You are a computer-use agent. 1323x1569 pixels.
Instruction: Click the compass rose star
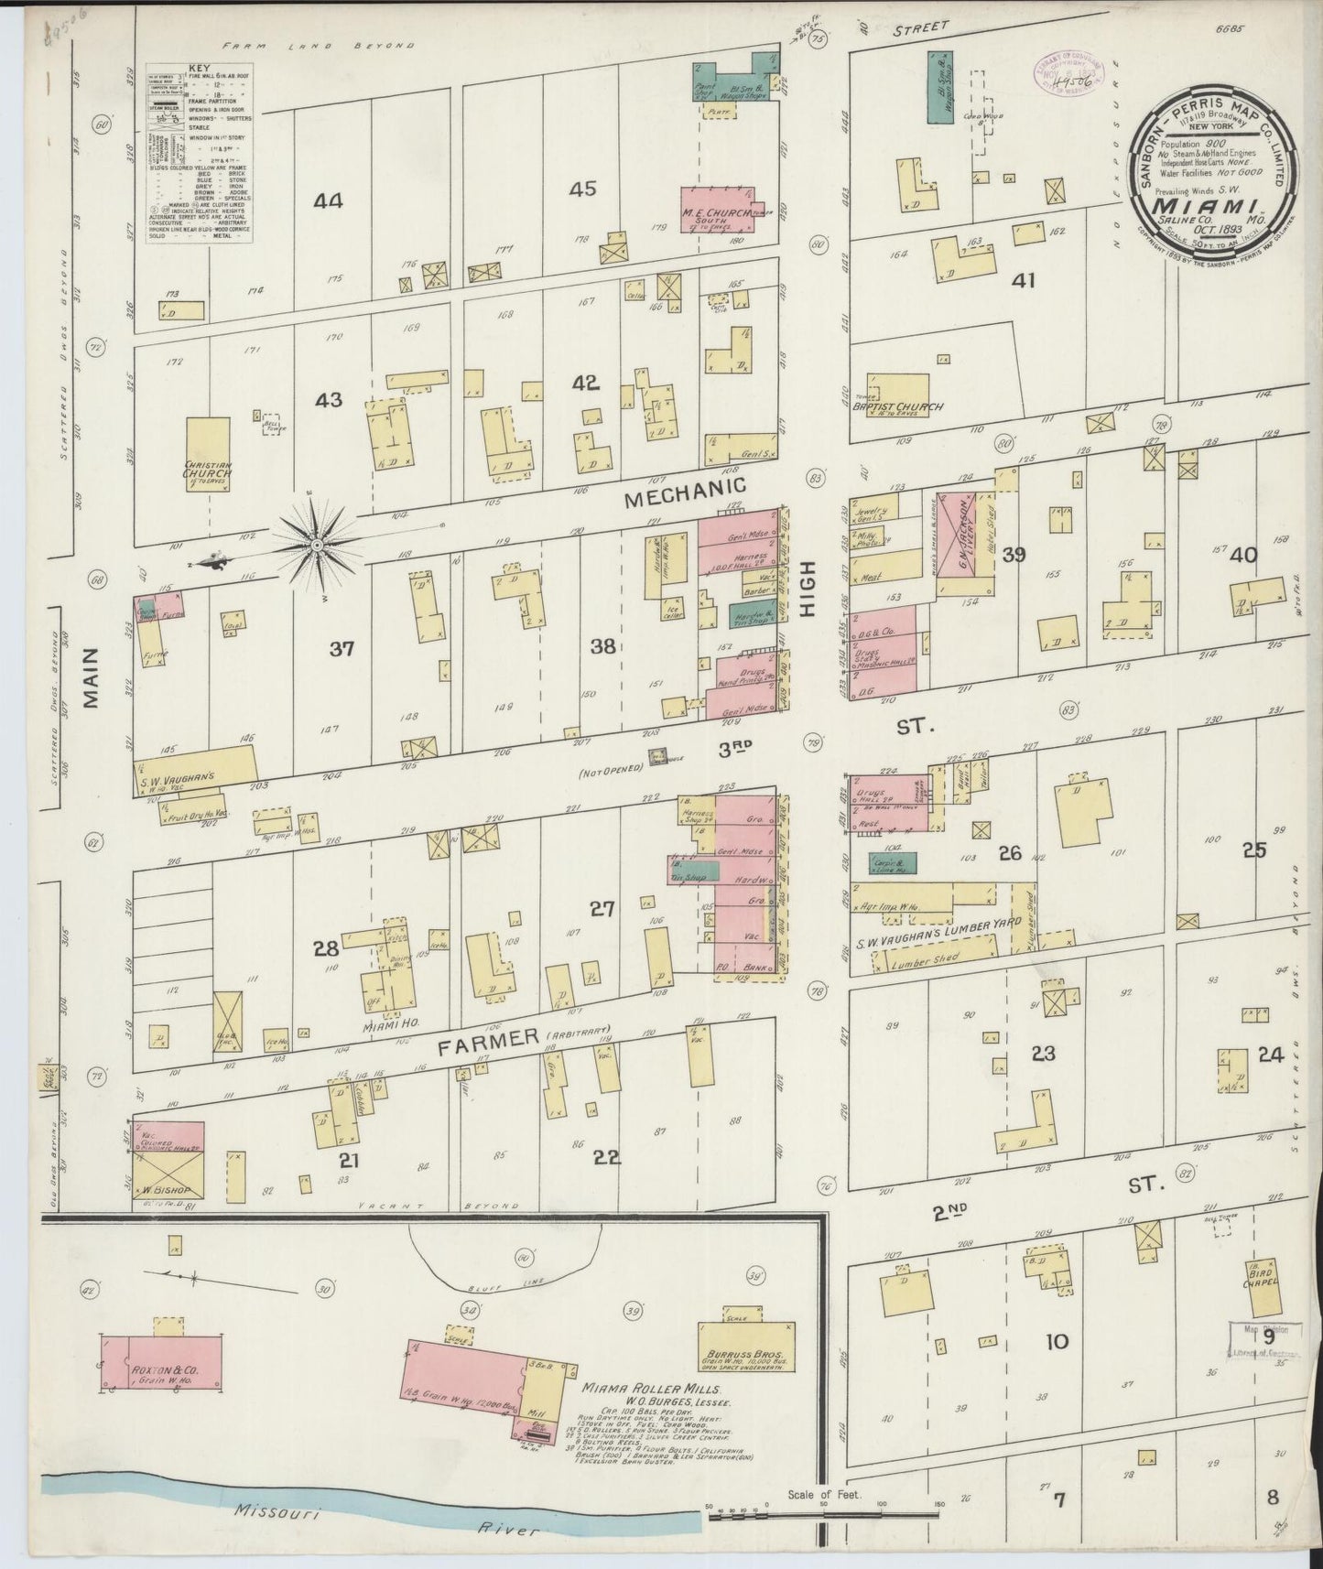click(315, 546)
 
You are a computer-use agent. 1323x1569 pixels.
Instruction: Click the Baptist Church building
click(897, 394)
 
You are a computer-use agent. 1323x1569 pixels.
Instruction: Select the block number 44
click(328, 200)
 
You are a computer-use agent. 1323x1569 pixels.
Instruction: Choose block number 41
click(1023, 280)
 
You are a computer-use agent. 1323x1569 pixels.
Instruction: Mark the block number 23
click(1044, 1054)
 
